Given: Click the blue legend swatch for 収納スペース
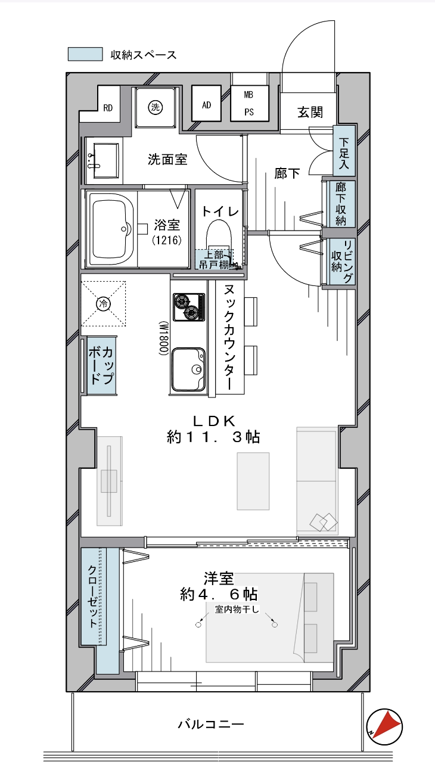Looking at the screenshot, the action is coord(85,54).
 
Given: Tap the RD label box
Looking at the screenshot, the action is coord(108,108).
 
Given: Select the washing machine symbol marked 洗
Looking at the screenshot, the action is coord(155,107).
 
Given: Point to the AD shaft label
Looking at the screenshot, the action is coord(207,105).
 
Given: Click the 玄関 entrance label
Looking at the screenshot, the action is coord(310,113).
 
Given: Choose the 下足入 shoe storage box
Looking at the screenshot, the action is coord(344,151).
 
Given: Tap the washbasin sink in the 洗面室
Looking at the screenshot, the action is coord(102,161).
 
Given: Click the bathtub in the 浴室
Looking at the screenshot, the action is coord(111,229).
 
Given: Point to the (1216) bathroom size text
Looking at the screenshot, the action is coord(167,240).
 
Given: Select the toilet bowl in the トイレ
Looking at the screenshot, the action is coord(219,237).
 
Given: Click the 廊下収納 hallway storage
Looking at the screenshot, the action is coord(341,204).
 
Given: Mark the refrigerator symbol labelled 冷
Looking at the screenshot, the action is coord(103,304).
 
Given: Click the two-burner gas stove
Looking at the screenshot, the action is coord(189,307).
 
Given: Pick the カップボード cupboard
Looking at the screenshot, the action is coord(102,365).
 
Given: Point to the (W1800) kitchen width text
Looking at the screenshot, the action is coord(164,338).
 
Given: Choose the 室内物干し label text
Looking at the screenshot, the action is coord(237,609).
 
